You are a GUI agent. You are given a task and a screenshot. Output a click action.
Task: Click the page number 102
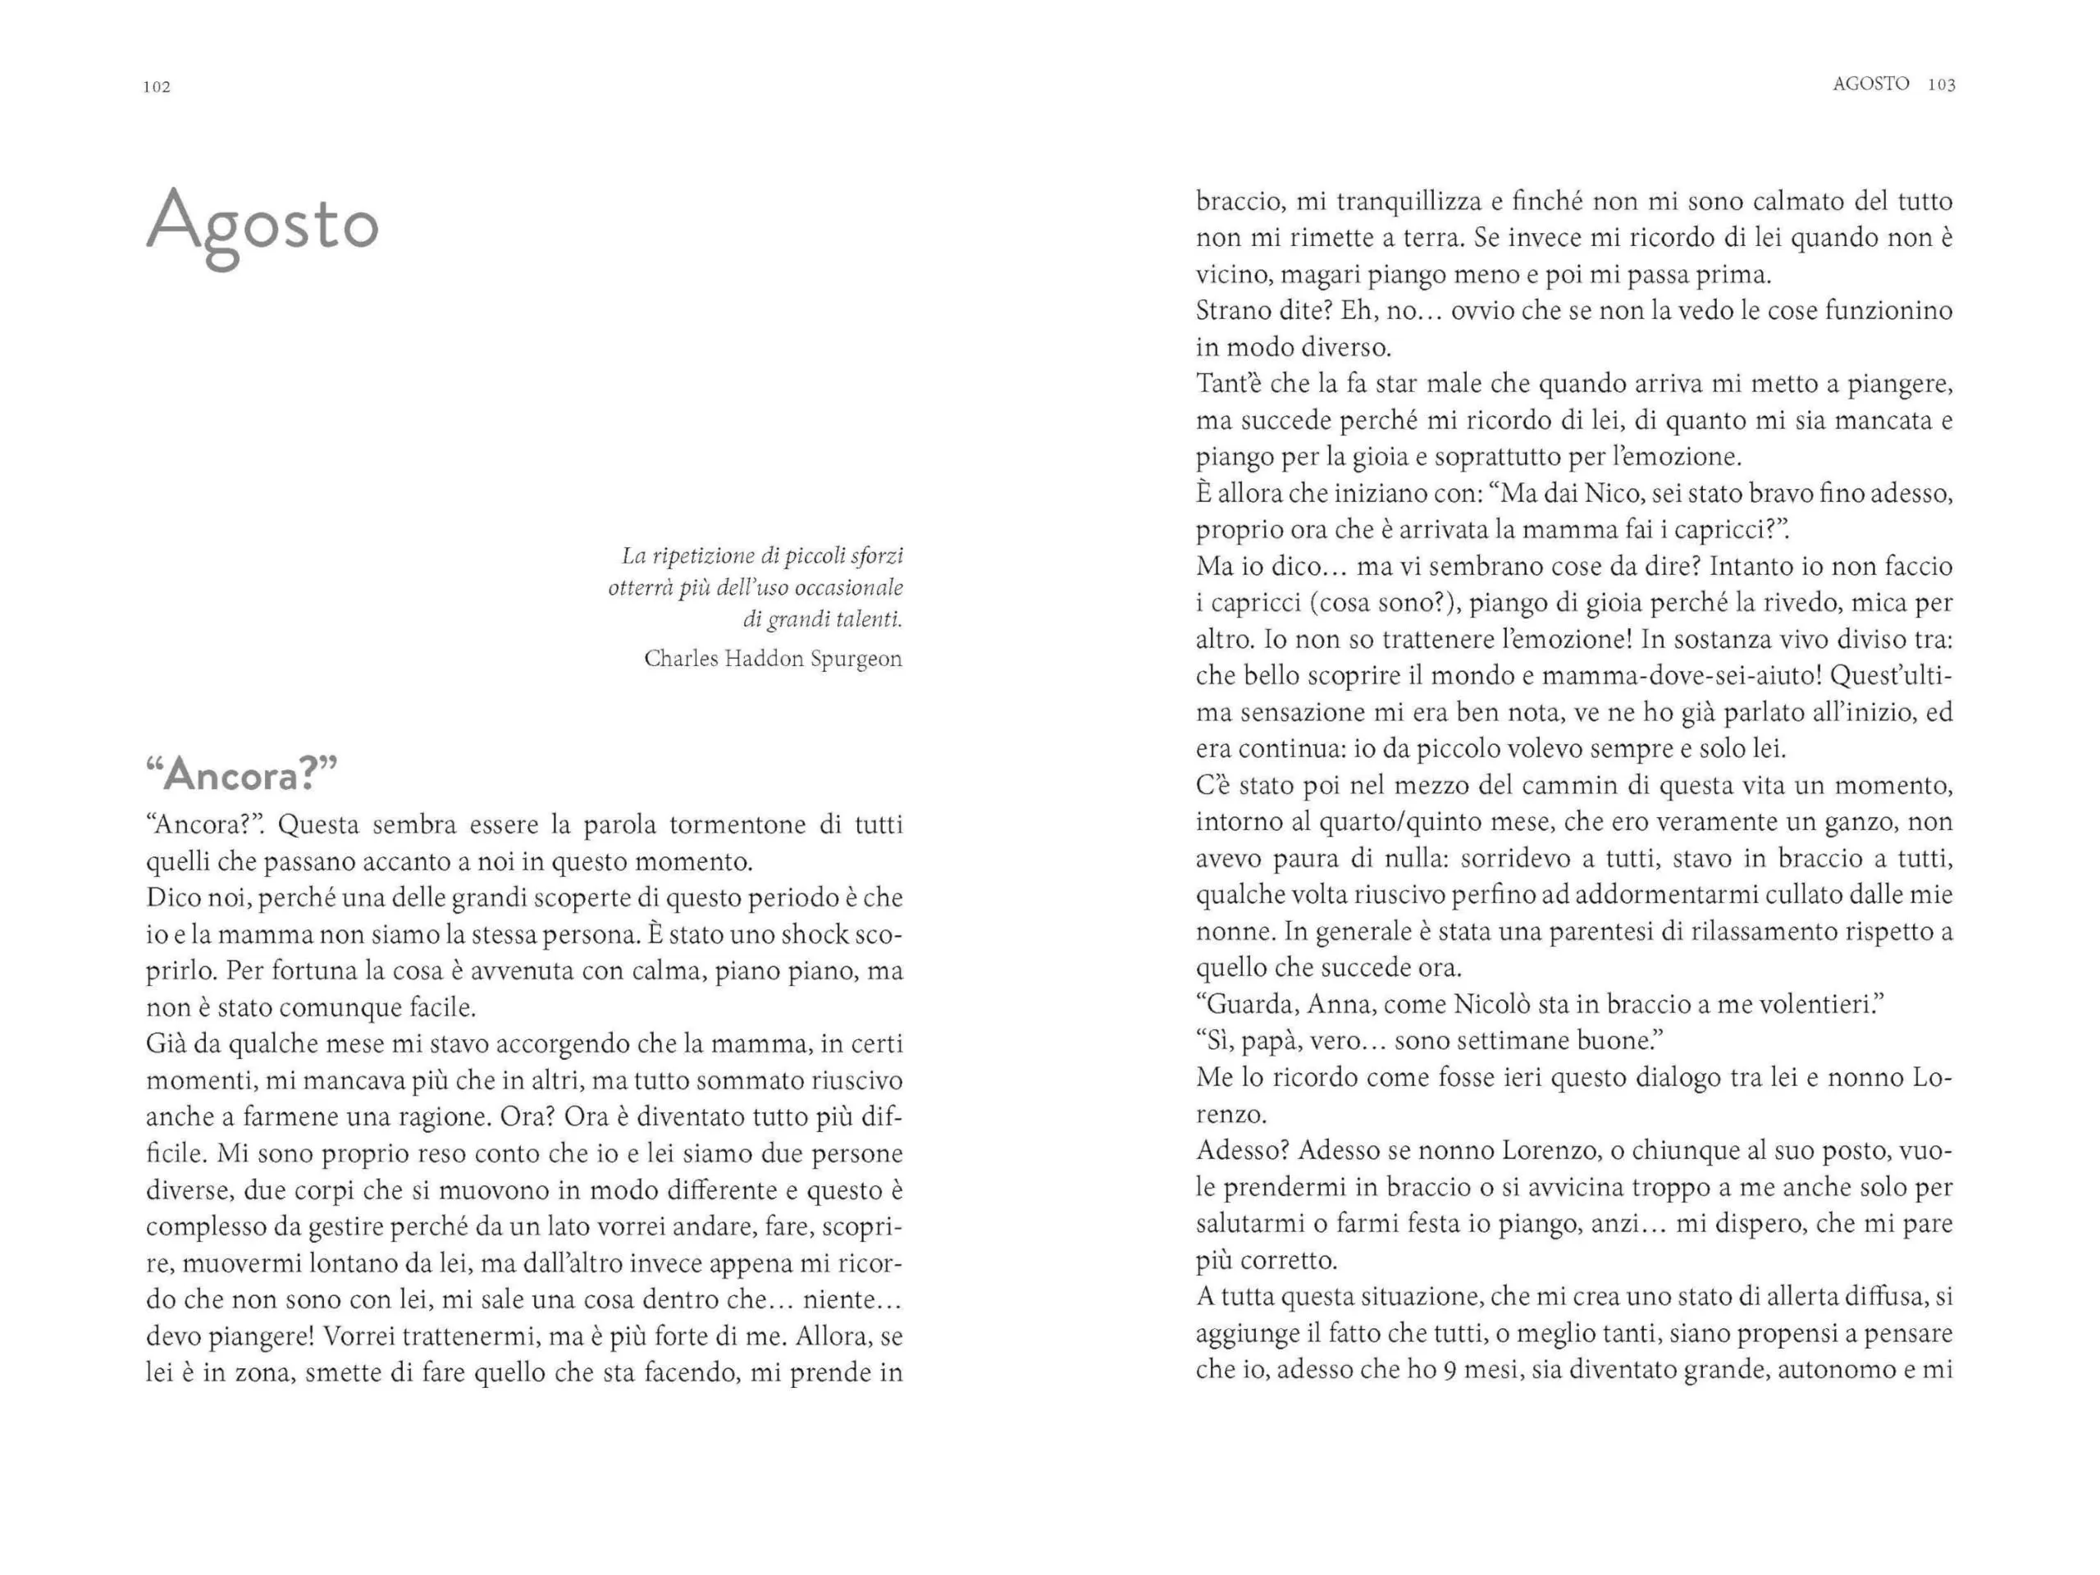157,86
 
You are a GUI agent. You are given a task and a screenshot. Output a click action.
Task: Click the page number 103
1942,84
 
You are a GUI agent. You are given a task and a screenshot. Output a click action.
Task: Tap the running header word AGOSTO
1870,84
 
